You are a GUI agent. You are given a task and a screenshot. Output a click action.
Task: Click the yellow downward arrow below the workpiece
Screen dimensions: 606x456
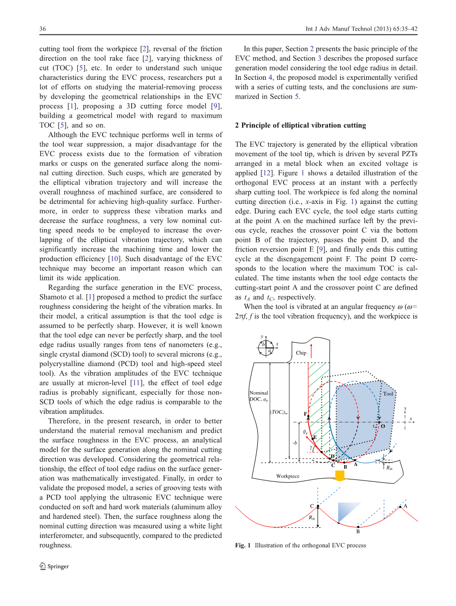(339, 476)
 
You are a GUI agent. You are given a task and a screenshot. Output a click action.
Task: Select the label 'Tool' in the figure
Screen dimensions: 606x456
(388, 394)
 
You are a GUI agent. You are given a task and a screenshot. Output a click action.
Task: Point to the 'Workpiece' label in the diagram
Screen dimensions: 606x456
(287, 476)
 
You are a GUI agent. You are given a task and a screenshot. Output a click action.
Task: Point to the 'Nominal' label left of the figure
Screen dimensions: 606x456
(259, 393)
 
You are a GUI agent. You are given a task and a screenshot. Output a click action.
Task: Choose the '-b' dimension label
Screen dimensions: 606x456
(295, 442)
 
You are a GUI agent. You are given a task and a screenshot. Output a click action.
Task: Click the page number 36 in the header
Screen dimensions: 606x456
(43, 29)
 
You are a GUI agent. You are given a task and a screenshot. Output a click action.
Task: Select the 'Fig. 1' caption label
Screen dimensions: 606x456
(243, 545)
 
